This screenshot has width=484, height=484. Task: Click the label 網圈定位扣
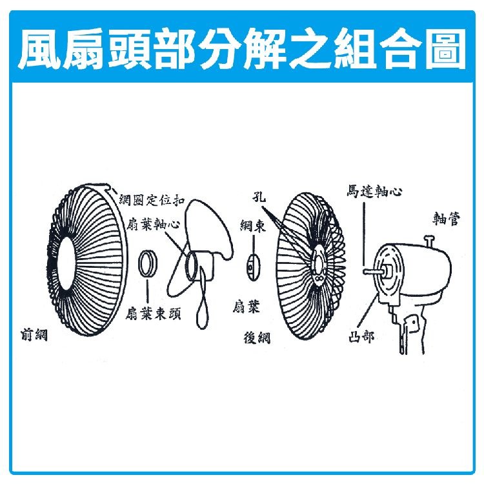[x=152, y=200]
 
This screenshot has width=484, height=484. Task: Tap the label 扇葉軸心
[x=153, y=225]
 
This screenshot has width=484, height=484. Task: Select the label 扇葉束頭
[x=153, y=314]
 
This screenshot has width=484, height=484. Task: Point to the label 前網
[x=34, y=334]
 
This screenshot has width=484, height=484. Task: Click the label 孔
[x=259, y=197]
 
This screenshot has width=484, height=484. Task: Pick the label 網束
[x=253, y=227]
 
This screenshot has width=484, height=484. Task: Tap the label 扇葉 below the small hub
[x=246, y=306]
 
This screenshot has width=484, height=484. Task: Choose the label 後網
[x=257, y=338]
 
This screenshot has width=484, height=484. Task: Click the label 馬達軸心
[x=374, y=191]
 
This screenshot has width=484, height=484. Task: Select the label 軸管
[x=447, y=219]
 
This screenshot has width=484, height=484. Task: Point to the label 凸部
[x=361, y=336]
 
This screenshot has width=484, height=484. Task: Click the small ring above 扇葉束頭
[x=147, y=264]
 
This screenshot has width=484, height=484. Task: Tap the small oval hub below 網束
[x=253, y=267]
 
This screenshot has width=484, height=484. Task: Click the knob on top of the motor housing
[x=429, y=241]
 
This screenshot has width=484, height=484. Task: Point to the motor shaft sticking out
[x=374, y=271]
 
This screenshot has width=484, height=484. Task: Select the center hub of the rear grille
[x=319, y=265]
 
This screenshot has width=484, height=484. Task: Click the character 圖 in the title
[x=445, y=48]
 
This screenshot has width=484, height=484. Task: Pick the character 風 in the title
[x=39, y=48]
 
